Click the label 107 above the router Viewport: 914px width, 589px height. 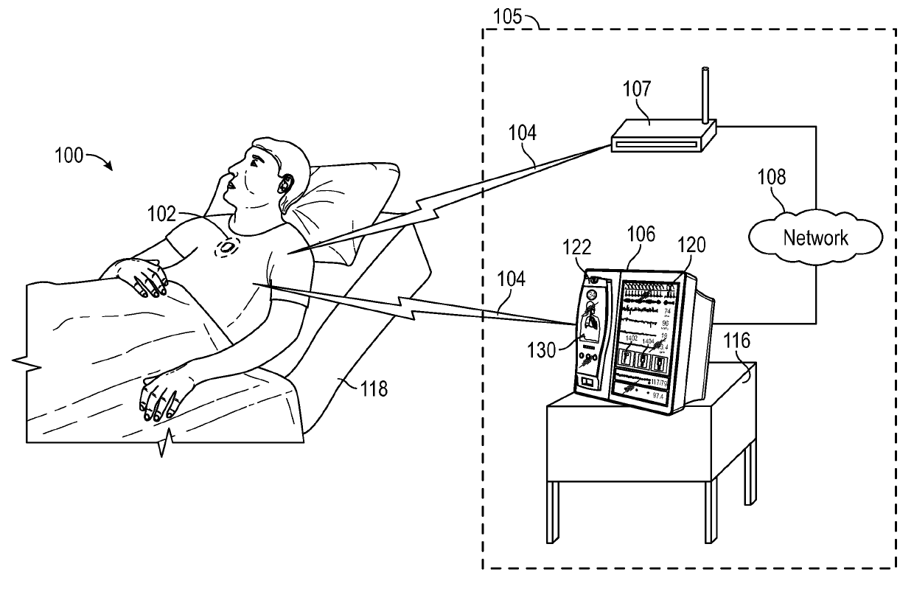coord(636,90)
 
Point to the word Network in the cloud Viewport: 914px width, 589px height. coord(815,237)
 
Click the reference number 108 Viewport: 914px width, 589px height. coord(771,178)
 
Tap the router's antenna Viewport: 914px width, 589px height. coord(705,96)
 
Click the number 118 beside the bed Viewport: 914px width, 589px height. coord(373,388)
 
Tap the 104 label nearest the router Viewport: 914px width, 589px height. coord(522,133)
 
